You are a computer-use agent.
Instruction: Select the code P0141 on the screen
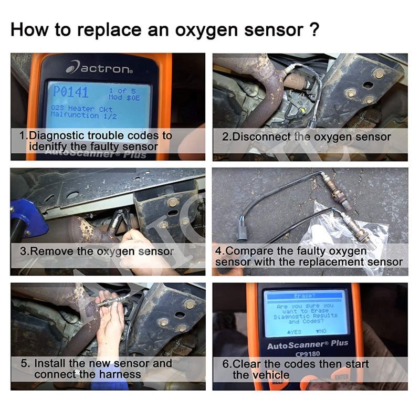click(x=71, y=93)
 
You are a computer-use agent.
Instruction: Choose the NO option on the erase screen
click(x=321, y=332)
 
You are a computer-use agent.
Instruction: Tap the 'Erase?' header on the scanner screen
click(x=304, y=296)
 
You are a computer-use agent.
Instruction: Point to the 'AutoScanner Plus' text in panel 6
click(x=308, y=345)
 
